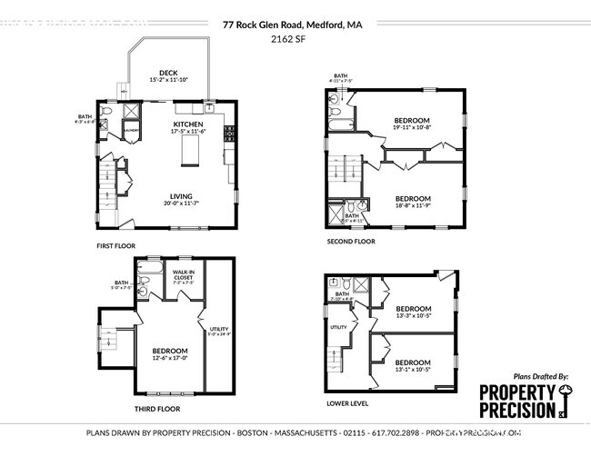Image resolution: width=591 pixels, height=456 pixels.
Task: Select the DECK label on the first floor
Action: pyautogui.click(x=168, y=73)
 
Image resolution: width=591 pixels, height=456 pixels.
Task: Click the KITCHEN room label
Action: pyautogui.click(x=188, y=124)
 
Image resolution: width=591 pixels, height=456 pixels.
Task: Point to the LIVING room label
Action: pyautogui.click(x=181, y=194)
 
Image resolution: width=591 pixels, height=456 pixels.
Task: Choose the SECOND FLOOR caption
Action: pyautogui.click(x=351, y=243)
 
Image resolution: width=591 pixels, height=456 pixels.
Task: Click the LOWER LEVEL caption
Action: pyautogui.click(x=348, y=402)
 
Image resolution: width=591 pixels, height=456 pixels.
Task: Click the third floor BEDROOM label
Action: pyautogui.click(x=170, y=351)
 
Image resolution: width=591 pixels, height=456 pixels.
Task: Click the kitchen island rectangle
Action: pyautogui.click(x=191, y=155)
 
